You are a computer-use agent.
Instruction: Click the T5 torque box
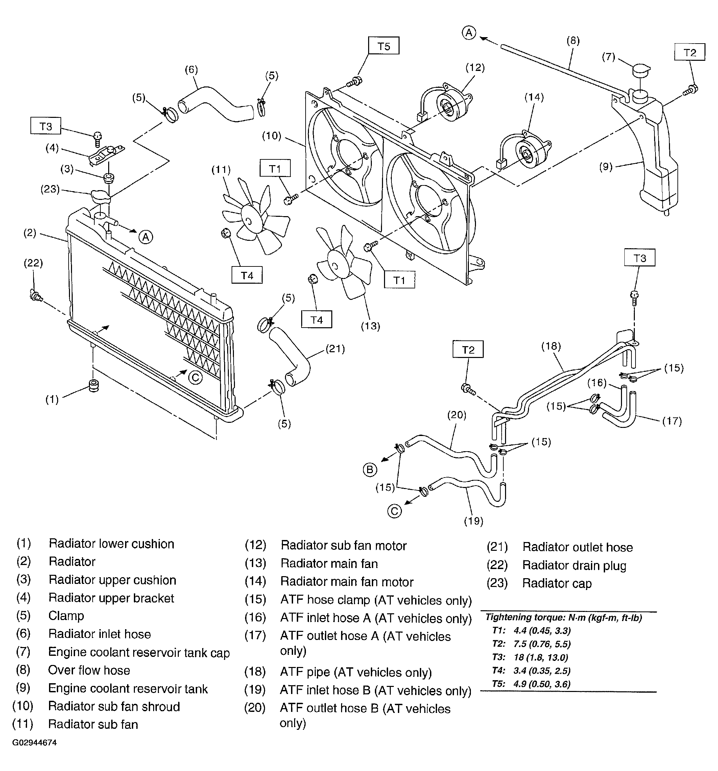(383, 46)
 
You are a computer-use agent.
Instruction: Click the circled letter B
(369, 470)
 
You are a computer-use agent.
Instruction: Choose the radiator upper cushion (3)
(108, 178)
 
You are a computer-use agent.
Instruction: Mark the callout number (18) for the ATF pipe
(551, 345)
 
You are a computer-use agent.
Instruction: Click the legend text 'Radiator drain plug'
(574, 565)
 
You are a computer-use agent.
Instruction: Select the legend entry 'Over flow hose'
(89, 670)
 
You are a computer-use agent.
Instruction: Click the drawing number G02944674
(34, 742)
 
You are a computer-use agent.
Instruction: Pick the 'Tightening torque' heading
(564, 617)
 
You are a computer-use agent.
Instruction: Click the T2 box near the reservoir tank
(690, 52)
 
